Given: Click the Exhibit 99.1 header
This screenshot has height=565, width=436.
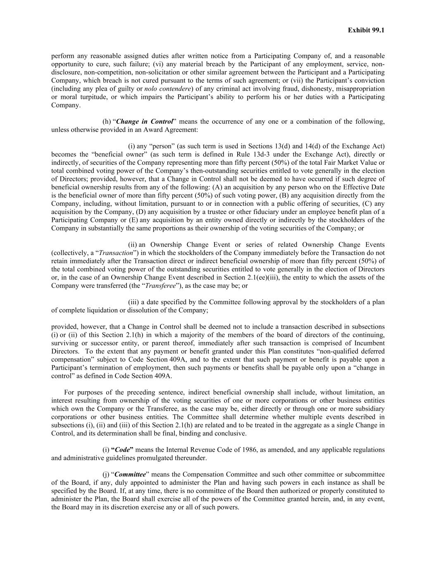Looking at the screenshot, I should [366, 30].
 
